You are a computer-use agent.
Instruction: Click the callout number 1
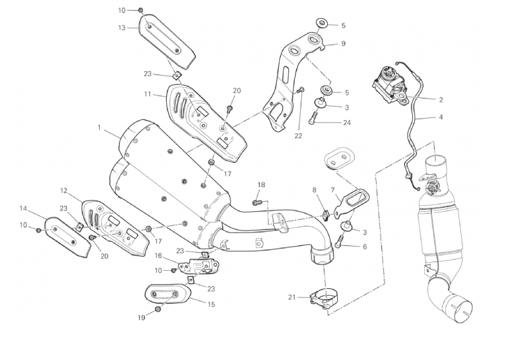pyautogui.click(x=99, y=127)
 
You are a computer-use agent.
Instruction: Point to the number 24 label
pyautogui.click(x=346, y=123)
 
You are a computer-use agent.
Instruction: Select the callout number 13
pyautogui.click(x=122, y=27)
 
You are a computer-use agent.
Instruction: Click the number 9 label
pyautogui.click(x=342, y=44)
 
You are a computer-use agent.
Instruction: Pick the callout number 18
pyautogui.click(x=261, y=184)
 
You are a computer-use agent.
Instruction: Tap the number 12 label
pyautogui.click(x=64, y=190)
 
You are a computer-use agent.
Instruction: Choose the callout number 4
pyautogui.click(x=440, y=117)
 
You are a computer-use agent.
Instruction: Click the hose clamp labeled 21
pyautogui.click(x=322, y=296)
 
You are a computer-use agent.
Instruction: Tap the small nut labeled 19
pyautogui.click(x=158, y=309)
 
